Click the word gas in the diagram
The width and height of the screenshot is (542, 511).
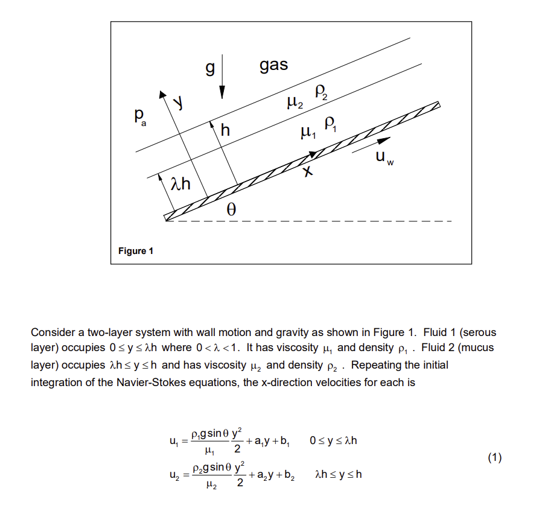coord(273,65)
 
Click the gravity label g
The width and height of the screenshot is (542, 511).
coord(209,69)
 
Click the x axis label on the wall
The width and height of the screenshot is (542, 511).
coord(308,172)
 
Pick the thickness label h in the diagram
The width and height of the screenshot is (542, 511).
coord(226,129)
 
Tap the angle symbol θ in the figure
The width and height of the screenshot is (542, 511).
coord(229,210)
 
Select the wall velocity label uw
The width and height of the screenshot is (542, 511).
coord(382,157)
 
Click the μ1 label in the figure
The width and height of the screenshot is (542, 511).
coord(307,130)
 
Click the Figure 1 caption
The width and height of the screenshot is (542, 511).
coord(135,250)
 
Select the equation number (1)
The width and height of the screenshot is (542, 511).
coord(494,457)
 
